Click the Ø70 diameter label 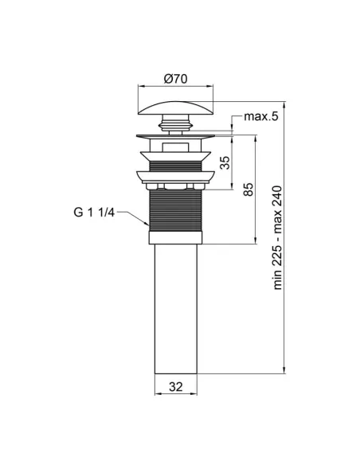click(x=177, y=78)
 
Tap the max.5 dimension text click(x=260, y=117)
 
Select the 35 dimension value click(x=226, y=163)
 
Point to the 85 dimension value click(x=248, y=190)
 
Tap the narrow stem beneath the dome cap click(x=177, y=123)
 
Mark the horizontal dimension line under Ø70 click(x=177, y=87)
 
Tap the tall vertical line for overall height click(x=285, y=239)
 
